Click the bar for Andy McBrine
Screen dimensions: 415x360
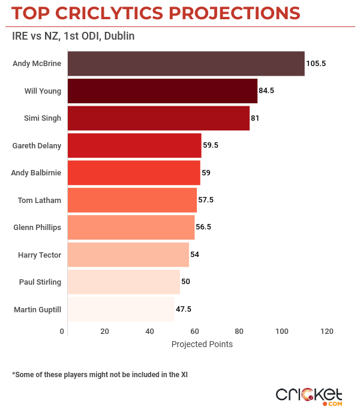[186, 64]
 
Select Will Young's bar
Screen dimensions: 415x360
[162, 91]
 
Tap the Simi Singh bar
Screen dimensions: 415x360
[158, 118]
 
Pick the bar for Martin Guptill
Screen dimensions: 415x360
[121, 309]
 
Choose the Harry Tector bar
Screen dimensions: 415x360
[128, 255]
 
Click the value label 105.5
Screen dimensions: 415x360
[316, 64]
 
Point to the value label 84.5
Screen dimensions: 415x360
[266, 91]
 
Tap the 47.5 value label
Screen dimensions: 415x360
[184, 309]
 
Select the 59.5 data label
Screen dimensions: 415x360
[212, 145]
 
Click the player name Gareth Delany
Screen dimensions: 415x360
[37, 145]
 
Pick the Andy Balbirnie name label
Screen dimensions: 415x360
[36, 173]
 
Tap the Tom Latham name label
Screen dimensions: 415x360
[40, 200]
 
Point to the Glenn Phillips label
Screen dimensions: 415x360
[37, 228]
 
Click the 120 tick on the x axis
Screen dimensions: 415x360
[326, 332]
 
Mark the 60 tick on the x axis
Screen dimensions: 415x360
[194, 332]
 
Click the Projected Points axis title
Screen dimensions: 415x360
[202, 345]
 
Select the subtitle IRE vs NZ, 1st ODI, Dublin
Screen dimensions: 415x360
[73, 36]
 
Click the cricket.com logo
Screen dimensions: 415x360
[309, 395]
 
